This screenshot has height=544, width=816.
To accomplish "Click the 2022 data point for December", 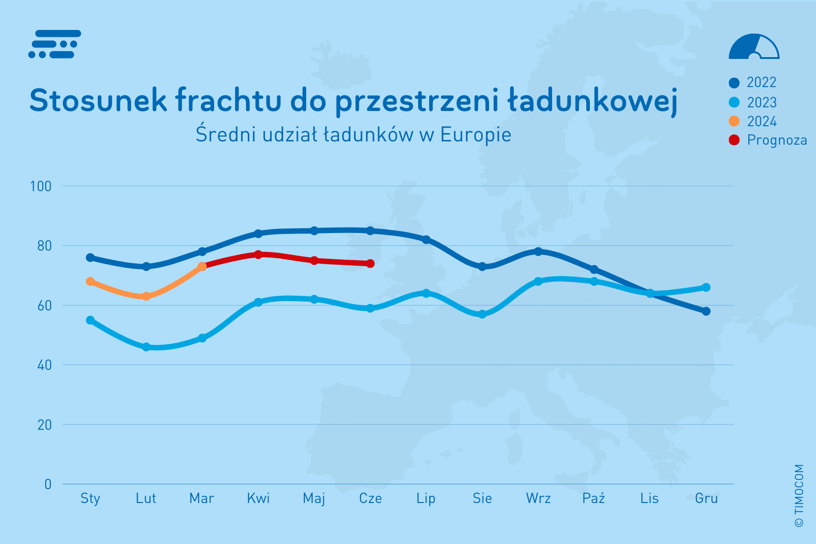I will (706, 311).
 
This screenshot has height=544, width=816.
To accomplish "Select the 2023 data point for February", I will (146, 347).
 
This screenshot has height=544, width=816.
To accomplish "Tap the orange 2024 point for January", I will (90, 281).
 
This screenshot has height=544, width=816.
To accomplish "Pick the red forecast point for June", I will (370, 263).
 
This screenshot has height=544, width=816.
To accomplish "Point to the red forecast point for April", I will (258, 255).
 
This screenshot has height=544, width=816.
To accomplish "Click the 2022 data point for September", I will (538, 252).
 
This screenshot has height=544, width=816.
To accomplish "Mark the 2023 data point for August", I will (482, 314).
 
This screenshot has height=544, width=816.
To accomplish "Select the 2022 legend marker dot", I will (734, 83).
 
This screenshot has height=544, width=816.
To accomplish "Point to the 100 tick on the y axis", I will (41, 187).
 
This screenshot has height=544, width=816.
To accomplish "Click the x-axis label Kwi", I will (258, 498).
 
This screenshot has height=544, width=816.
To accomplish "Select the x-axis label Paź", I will (594, 498).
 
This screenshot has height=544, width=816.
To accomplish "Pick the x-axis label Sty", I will (90, 498).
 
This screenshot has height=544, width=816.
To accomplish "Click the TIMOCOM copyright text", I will (799, 495).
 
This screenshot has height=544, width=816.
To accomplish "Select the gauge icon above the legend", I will (754, 47).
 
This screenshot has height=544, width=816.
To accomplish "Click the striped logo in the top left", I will (55, 44).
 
